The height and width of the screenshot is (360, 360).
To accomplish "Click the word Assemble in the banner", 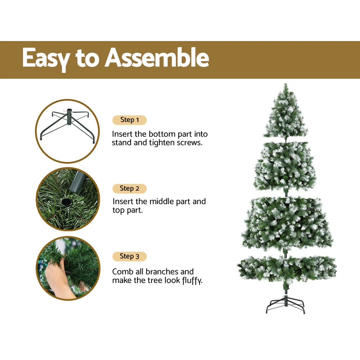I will pos(157,58).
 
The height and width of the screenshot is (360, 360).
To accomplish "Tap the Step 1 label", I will pos(129,120).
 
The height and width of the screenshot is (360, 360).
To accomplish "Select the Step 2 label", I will pos(129,188).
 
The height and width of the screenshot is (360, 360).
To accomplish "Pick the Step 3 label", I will pos(129,256).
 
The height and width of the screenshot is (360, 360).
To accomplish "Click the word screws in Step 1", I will pos(189,143).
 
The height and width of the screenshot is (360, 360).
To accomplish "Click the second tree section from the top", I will pos(285,166).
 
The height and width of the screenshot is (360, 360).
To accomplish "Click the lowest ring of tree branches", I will pos(287,268).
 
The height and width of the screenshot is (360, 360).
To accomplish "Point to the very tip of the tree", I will pos(285,85).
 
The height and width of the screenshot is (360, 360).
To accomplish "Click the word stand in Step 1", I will pos(121,143).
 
